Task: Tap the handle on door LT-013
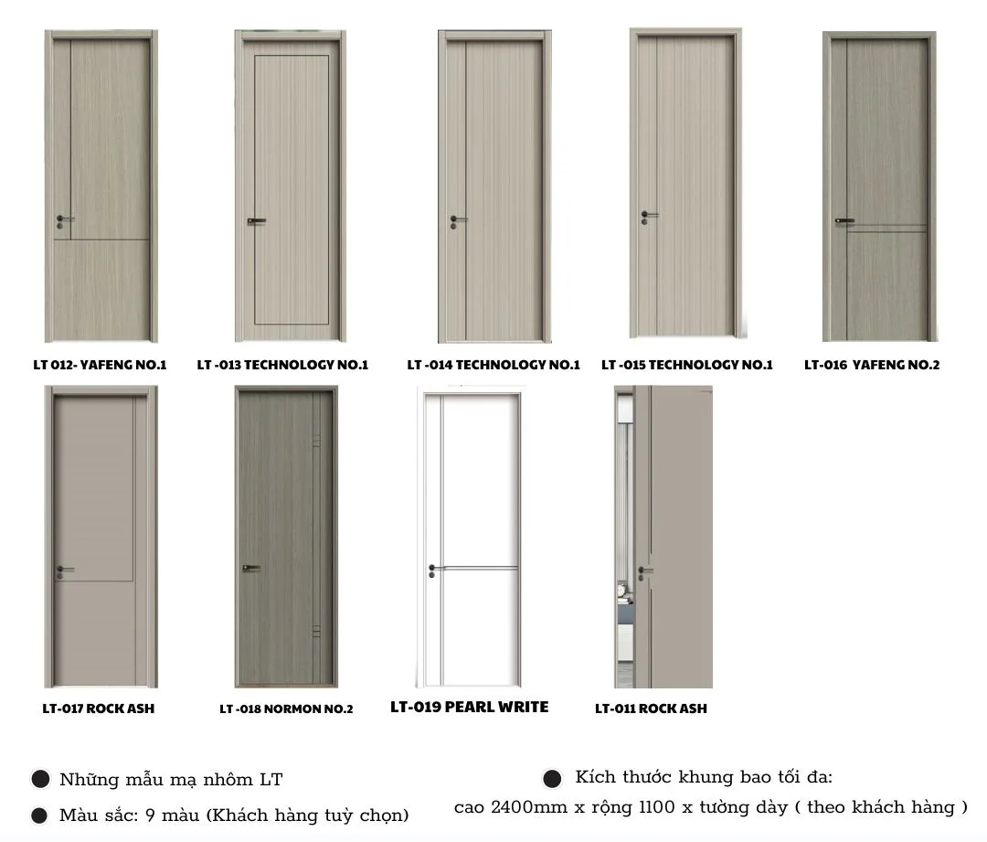[256, 221]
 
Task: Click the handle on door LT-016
[844, 221]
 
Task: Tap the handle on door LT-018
[252, 568]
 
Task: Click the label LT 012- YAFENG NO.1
[101, 365]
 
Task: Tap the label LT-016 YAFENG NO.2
[872, 365]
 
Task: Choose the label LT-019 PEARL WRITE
[470, 708]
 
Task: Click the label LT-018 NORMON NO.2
[286, 709]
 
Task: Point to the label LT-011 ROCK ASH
[651, 709]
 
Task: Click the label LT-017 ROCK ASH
[98, 709]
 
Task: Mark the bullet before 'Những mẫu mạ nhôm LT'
[40, 779]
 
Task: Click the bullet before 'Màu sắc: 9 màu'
[39, 815]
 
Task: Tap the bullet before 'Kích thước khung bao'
[552, 778]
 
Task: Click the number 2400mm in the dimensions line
[529, 807]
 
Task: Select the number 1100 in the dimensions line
[657, 807]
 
